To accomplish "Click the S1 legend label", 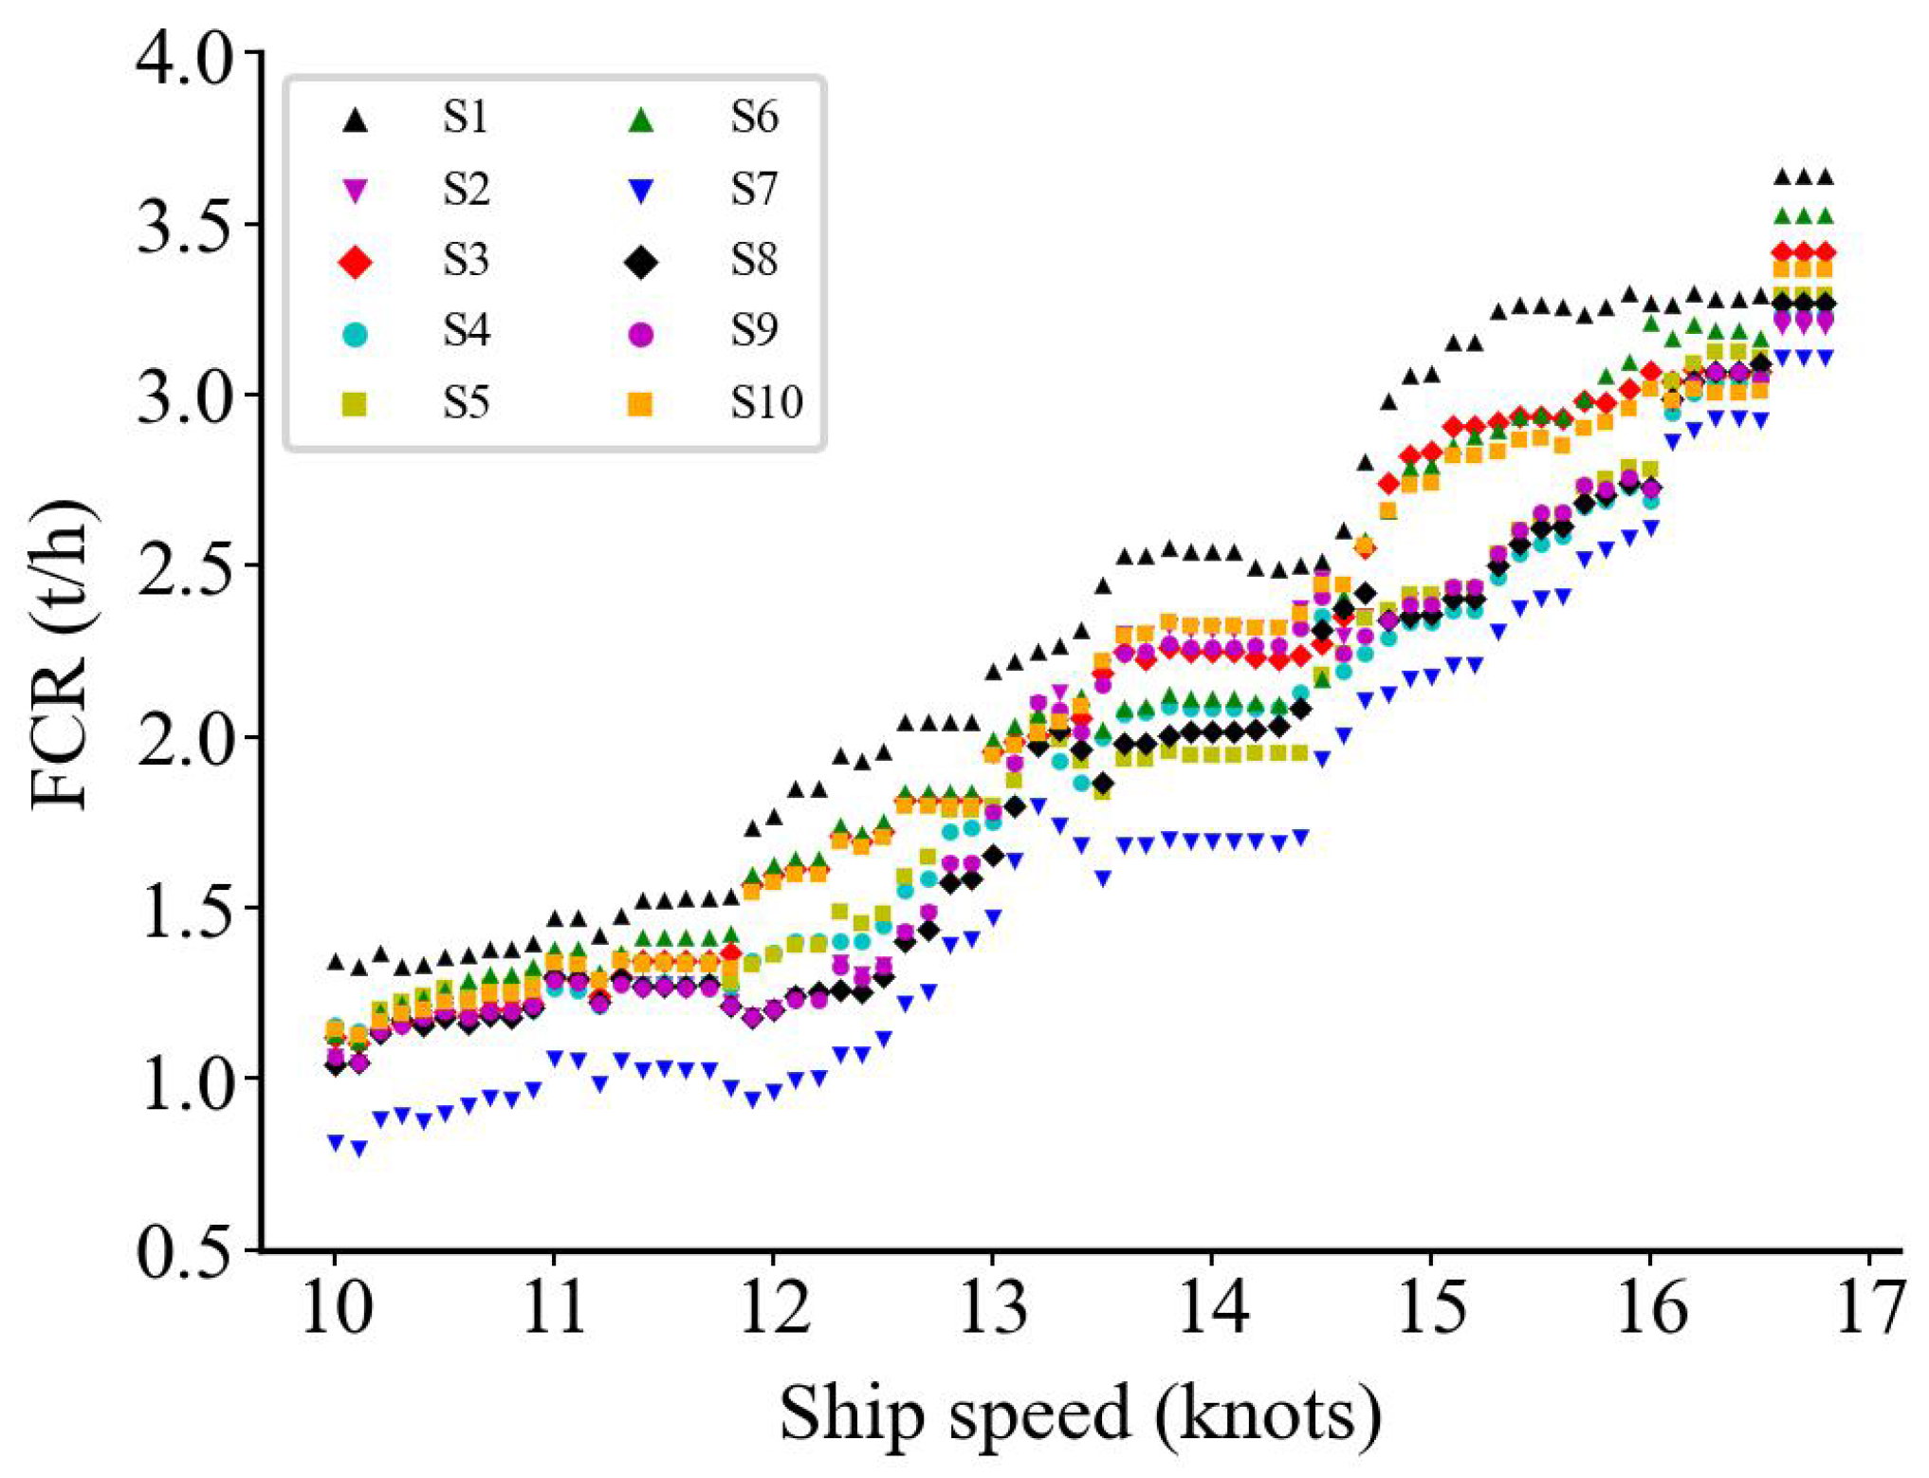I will tap(465, 119).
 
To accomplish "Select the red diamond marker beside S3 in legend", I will tap(355, 262).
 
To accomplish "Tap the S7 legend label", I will tap(754, 190).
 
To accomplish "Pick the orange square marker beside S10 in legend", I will tap(641, 404).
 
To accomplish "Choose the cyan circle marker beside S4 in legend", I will tap(355, 334).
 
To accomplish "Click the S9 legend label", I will tap(754, 331).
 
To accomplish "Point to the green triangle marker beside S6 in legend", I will tap(642, 120).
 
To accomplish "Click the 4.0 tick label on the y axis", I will tap(184, 59).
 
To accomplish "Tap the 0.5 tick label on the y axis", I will tap(184, 1254).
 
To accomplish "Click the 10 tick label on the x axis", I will tap(335, 1308).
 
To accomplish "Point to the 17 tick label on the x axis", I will tap(1869, 1308).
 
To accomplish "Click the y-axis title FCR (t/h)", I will tap(63, 655).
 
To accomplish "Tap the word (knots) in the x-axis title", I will tap(1268, 1414).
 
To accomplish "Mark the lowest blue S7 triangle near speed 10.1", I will tap(359, 1149).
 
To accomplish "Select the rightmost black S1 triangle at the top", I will tap(1825, 177).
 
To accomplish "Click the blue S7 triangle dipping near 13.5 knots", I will tap(1103, 878).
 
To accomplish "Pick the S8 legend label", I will tap(754, 260).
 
